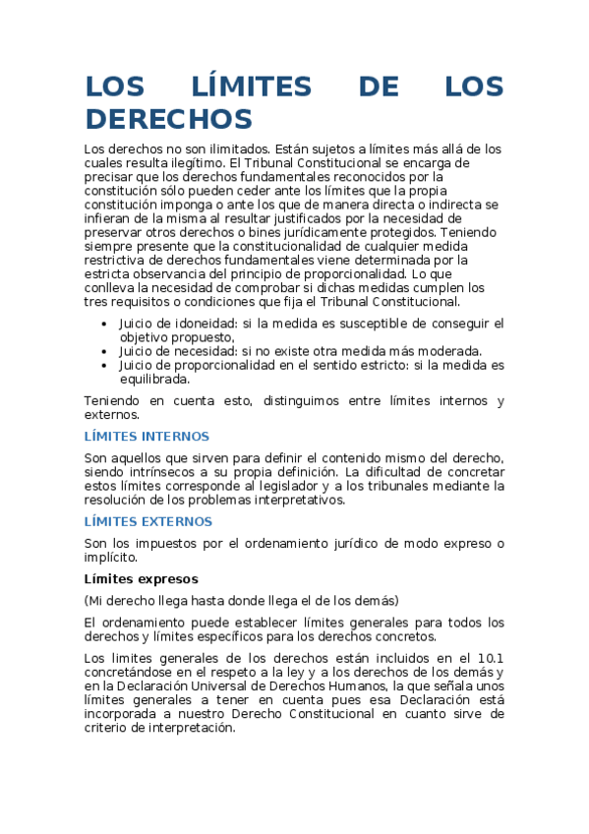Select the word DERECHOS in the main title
point(169,119)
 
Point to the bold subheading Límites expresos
point(142,578)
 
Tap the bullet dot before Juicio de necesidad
point(106,351)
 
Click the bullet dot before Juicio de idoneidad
point(106,324)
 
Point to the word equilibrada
point(154,379)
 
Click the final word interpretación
point(187,728)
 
